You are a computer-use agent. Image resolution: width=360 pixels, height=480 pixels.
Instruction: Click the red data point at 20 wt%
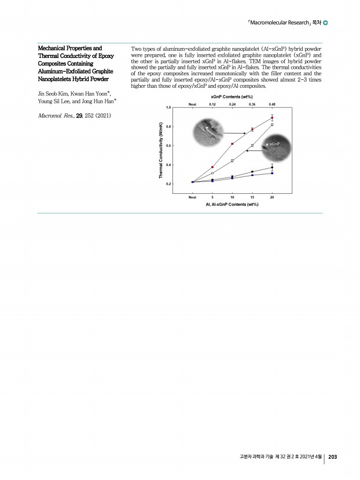tap(272, 118)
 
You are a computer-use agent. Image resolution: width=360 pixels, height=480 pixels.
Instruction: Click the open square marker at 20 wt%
tap(272, 124)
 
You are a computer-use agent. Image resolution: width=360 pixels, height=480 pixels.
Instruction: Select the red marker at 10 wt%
tap(232, 143)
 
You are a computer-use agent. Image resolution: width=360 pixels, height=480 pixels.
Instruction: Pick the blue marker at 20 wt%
tap(272, 173)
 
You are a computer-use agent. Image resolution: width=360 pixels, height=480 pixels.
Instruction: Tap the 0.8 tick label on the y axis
tap(168, 126)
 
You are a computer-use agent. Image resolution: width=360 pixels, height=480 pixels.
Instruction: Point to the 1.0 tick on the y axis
tap(168, 108)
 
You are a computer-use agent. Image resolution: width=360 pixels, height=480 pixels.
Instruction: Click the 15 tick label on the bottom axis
tap(252, 197)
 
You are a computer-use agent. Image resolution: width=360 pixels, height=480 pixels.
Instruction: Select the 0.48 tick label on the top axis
tap(272, 104)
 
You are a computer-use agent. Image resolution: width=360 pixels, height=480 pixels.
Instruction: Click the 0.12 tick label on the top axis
tap(212, 104)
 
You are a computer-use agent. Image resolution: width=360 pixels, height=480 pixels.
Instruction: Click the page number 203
tap(333, 457)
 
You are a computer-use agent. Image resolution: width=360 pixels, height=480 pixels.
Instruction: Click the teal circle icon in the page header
tap(325, 23)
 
